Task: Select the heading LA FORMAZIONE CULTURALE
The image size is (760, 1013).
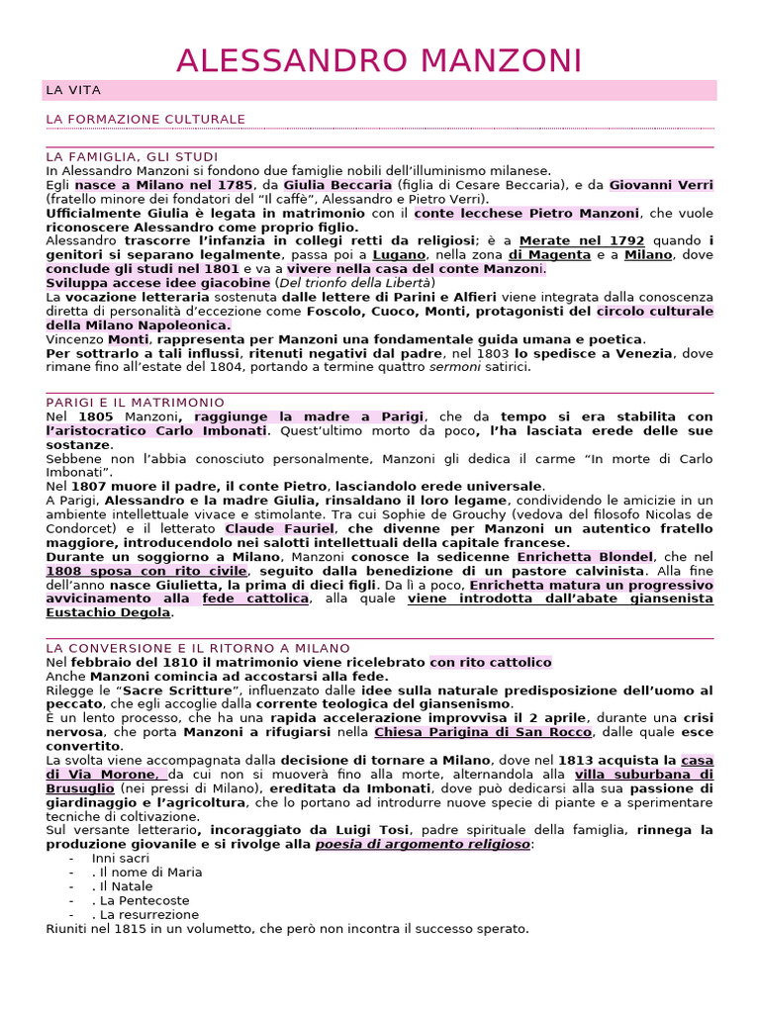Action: (145, 120)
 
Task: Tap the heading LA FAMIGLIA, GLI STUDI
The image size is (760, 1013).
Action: (132, 157)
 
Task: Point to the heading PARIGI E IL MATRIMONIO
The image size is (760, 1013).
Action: (136, 403)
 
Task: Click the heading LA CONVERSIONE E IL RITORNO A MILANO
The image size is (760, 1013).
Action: (198, 648)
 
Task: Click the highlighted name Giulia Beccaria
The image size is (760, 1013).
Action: (337, 185)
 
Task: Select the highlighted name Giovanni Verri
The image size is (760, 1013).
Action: (661, 185)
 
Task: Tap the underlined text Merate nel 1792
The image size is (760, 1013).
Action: (582, 240)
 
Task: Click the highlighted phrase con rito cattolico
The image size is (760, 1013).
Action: (491, 662)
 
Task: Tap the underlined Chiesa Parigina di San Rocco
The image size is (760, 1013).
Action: (483, 732)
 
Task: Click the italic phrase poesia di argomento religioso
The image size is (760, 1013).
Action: (423, 844)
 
